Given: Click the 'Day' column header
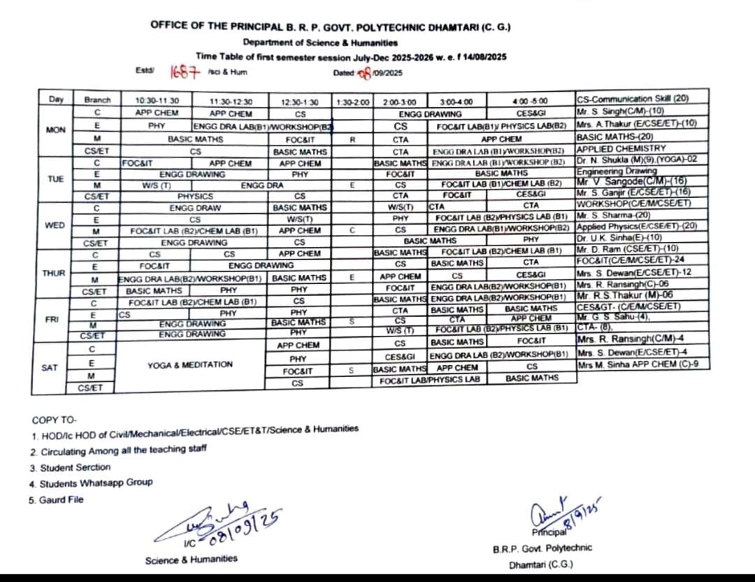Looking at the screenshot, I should tap(57, 100).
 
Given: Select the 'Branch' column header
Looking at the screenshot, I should tap(97, 100).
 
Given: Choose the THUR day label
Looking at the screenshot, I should tap(54, 273).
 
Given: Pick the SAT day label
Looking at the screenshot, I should tap(50, 367).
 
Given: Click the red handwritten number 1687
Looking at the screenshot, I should tap(185, 72).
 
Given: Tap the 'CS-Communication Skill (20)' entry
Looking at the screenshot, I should tap(633, 99).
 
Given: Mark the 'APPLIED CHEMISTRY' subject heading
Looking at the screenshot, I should tap(612, 149).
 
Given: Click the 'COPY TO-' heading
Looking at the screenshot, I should tap(54, 420).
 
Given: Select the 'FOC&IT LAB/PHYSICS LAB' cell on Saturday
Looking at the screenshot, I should tap(430, 380).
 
